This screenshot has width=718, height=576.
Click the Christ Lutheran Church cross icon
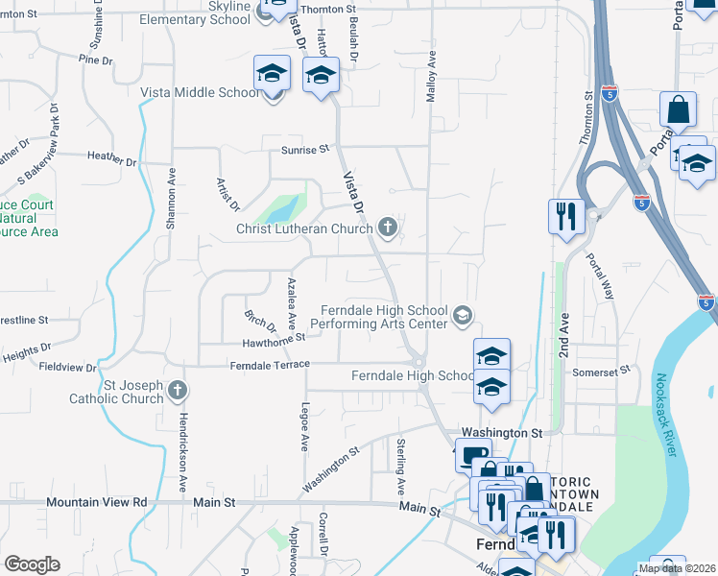pyautogui.click(x=388, y=228)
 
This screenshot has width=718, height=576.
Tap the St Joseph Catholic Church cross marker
pyautogui.click(x=177, y=390)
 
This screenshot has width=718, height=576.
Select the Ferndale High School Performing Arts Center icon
pyautogui.click(x=464, y=315)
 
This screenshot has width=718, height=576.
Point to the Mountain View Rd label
pyautogui.click(x=97, y=502)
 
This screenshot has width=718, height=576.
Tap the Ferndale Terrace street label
pyautogui.click(x=270, y=365)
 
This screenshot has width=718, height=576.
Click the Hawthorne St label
pyautogui.click(x=275, y=337)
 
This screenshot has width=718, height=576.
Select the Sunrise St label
pyautogui.click(x=305, y=149)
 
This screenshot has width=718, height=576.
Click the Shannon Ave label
pyautogui.click(x=171, y=199)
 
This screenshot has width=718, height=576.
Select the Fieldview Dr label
pyautogui.click(x=67, y=367)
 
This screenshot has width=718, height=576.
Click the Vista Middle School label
pyautogui.click(x=200, y=92)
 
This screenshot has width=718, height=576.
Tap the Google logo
pyautogui.click(x=32, y=564)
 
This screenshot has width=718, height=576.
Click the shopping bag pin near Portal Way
pyautogui.click(x=678, y=111)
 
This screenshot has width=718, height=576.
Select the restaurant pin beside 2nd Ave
pyautogui.click(x=565, y=216)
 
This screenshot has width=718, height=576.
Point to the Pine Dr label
pyautogui.click(x=96, y=60)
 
